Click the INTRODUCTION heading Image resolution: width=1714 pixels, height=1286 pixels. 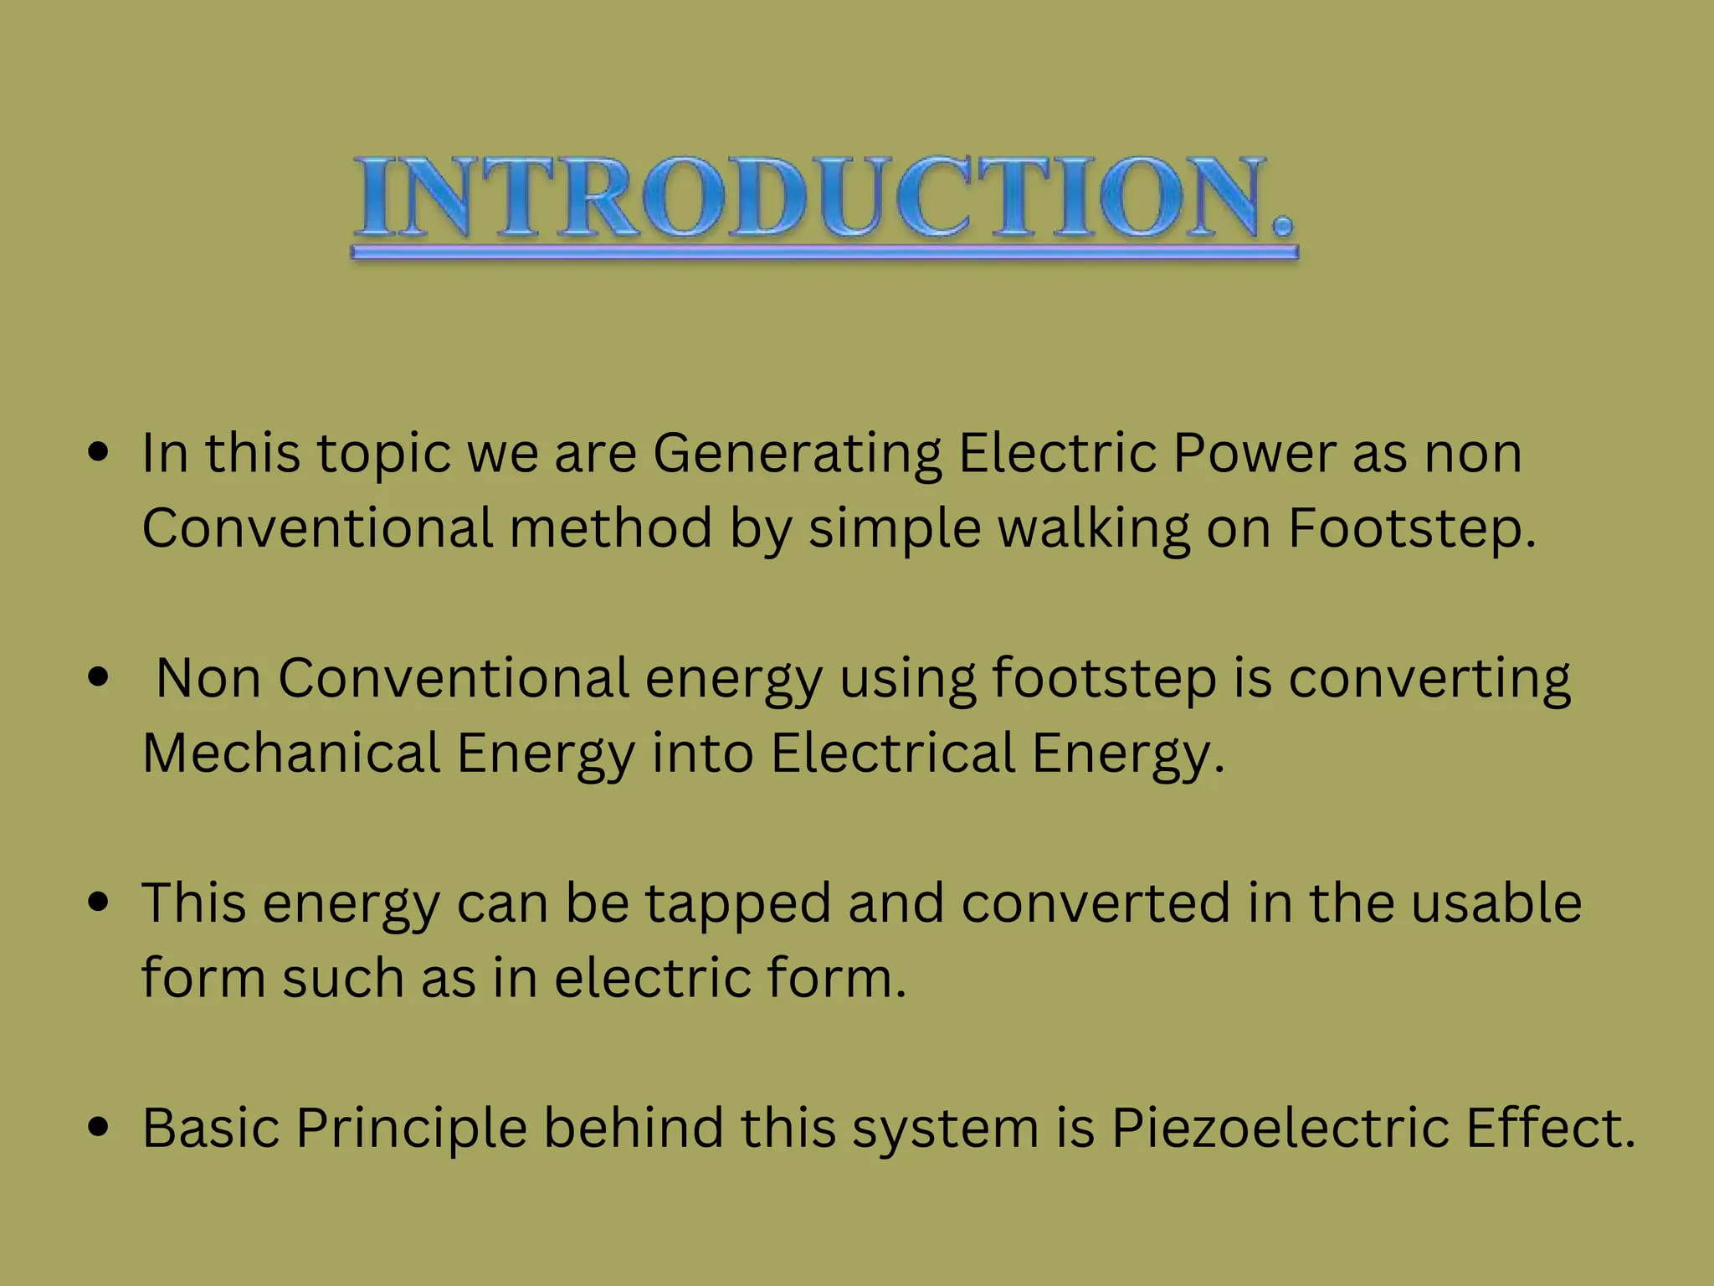click(824, 198)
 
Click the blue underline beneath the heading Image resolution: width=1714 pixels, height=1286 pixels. click(824, 252)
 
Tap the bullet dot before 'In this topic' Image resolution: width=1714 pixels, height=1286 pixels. click(99, 453)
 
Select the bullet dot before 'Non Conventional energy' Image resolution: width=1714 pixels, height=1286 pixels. click(99, 677)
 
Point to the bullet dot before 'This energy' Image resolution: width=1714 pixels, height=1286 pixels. click(99, 903)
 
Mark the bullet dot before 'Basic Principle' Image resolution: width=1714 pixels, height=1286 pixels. click(99, 1127)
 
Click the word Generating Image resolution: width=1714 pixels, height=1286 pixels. click(797, 455)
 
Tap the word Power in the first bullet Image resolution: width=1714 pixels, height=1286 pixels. click(1254, 453)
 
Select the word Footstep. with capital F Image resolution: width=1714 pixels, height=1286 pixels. click(1412, 529)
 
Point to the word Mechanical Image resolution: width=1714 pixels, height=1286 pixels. click(291, 753)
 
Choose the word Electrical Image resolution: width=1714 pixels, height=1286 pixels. click(892, 753)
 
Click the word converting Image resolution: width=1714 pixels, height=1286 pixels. click(1429, 679)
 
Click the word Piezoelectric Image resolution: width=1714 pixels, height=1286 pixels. click(1280, 1128)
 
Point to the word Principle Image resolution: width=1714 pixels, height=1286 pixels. click(411, 1128)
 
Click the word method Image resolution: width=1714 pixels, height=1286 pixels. click(610, 529)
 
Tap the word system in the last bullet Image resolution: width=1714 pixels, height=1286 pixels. click(945, 1129)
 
